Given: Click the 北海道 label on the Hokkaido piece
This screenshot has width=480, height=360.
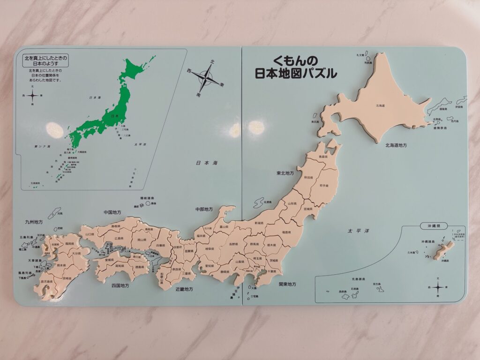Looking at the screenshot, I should coord(380,106).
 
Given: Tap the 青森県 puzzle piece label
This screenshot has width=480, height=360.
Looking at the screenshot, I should coord(321,157).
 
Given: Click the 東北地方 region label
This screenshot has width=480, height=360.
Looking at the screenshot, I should coord(285,173).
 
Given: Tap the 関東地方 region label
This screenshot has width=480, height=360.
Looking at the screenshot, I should coord(287,284).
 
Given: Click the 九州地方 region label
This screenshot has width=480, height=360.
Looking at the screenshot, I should coord(34,221).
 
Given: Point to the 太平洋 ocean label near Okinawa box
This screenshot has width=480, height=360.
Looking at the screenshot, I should coord(356,231).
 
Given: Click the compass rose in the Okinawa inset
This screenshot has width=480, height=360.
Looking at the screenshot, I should coord(437,287).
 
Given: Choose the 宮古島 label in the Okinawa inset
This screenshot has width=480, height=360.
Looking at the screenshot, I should coord(376,284).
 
